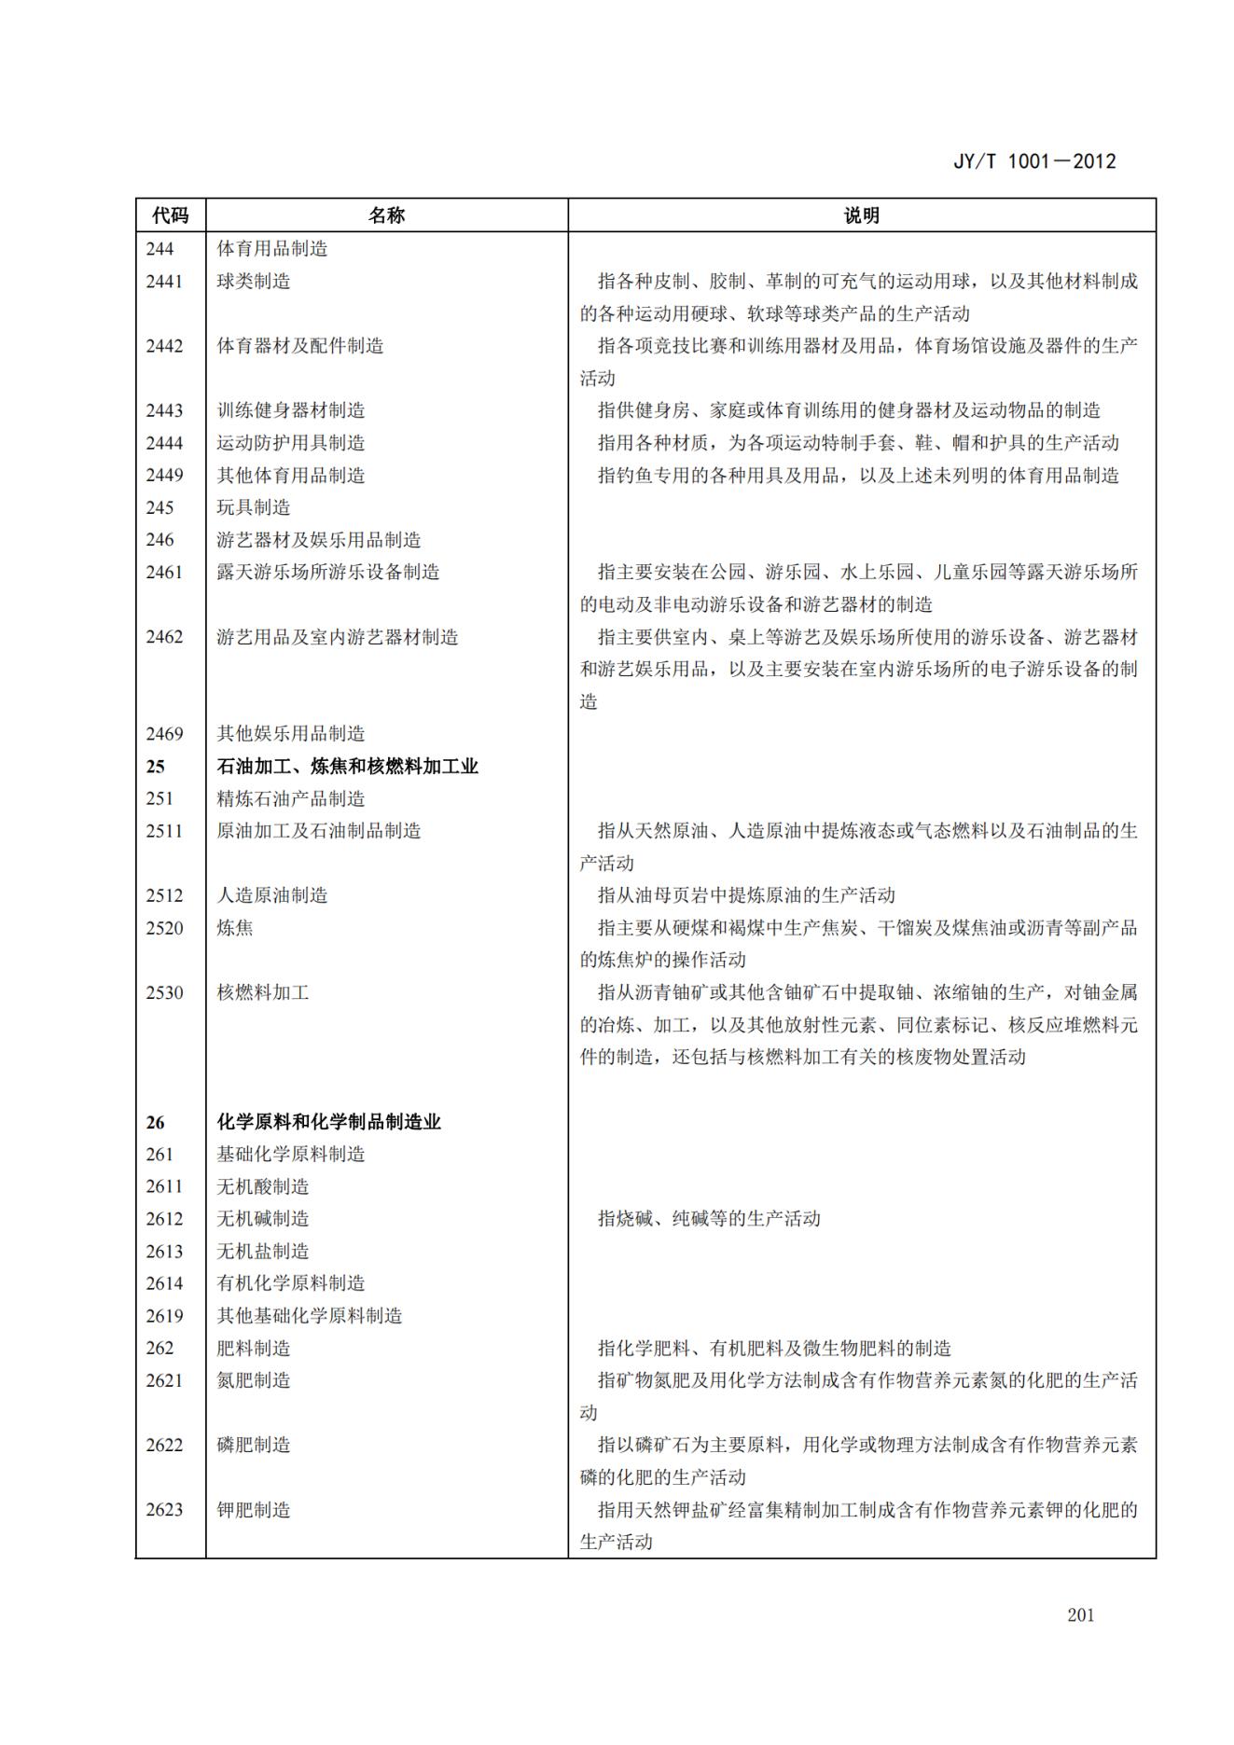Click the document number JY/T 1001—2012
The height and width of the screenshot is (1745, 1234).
(x=1034, y=161)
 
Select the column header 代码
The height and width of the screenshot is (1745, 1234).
(x=171, y=215)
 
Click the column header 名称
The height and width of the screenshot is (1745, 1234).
(x=386, y=215)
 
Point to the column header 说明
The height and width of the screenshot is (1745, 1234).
(x=861, y=215)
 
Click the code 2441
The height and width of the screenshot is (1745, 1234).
(x=164, y=281)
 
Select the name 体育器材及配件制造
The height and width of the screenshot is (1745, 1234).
(x=300, y=346)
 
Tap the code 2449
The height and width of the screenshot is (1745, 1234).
(x=164, y=475)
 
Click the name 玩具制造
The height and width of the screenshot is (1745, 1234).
(x=254, y=507)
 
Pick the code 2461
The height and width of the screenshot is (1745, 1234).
(x=164, y=572)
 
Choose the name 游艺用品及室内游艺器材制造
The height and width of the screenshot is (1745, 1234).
(x=338, y=637)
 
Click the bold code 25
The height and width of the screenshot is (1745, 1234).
(x=155, y=767)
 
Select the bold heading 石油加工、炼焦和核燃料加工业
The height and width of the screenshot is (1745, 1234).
(x=347, y=767)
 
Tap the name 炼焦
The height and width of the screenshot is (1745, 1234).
(x=235, y=928)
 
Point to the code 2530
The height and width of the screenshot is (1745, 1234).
(x=164, y=992)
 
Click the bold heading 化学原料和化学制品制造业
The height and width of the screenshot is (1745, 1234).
(x=328, y=1122)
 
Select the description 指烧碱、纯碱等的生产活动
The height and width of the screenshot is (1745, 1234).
(x=709, y=1219)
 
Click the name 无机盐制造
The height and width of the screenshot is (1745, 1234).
(x=263, y=1251)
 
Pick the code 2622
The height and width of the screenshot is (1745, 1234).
(x=164, y=1445)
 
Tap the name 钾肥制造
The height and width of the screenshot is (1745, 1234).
(x=254, y=1510)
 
